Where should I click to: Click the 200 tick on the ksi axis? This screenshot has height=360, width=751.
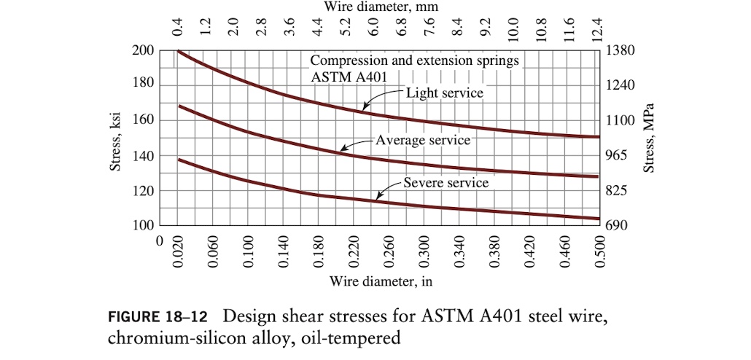tap(143, 51)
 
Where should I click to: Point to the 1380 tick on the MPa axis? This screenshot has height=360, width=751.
tap(621, 51)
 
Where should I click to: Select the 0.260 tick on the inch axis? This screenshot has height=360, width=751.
tap(388, 252)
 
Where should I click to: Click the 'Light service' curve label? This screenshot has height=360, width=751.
tap(444, 93)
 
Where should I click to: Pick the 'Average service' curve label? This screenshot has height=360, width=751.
tap(423, 139)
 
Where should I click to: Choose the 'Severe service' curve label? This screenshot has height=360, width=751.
tap(446, 182)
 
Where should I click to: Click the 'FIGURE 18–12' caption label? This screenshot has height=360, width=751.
tap(157, 318)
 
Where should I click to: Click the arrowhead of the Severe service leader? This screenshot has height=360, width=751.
tap(378, 197)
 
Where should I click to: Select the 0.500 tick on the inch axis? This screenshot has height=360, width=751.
tap(599, 252)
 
